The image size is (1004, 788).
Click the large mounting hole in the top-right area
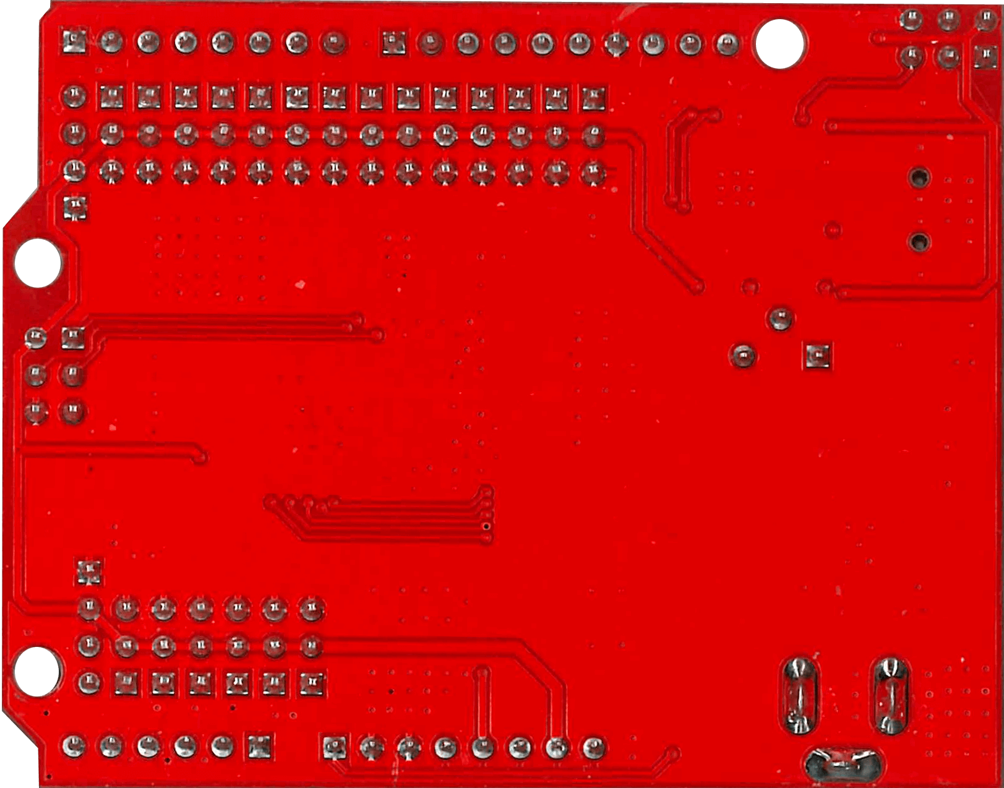click(779, 44)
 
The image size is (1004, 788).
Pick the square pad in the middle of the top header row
click(390, 43)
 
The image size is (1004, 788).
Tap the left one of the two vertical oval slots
click(799, 695)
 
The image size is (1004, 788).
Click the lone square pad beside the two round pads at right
click(818, 356)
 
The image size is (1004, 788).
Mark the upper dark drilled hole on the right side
click(919, 178)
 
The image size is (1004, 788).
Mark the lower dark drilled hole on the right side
click(919, 241)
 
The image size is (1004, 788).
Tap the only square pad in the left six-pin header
click(73, 338)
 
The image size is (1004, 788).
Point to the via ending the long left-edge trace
click(200, 458)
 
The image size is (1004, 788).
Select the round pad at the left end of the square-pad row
click(74, 96)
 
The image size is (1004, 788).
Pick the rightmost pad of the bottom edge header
click(593, 747)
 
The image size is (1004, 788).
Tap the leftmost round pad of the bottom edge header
click(74, 747)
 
